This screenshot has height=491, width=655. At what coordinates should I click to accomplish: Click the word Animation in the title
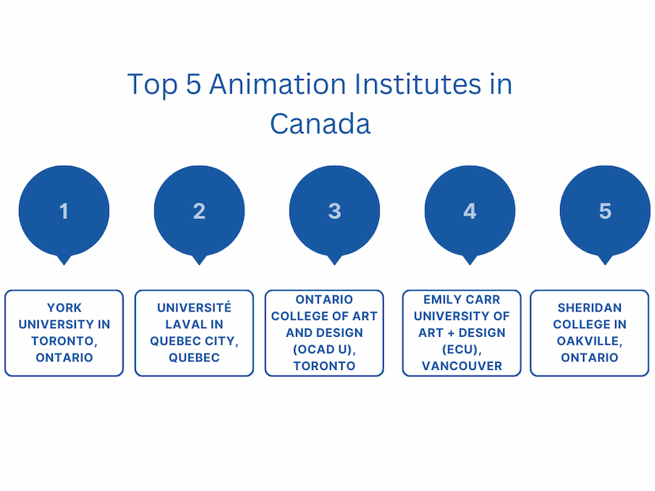[x=278, y=84]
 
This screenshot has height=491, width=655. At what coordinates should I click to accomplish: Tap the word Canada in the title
[x=320, y=123]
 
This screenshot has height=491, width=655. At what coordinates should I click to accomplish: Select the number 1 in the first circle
[x=64, y=211]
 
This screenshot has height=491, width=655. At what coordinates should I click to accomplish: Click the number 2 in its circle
[x=199, y=211]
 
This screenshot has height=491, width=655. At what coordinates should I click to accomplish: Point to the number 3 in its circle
[x=335, y=211]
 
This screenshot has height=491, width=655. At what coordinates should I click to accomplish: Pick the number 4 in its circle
[x=470, y=211]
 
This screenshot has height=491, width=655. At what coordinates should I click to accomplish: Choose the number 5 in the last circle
[x=605, y=211]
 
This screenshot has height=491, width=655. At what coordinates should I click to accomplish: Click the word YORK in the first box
[x=64, y=308]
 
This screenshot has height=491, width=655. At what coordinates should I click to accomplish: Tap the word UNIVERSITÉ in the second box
[x=195, y=308]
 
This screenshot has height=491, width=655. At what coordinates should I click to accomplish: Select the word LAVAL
[x=182, y=324]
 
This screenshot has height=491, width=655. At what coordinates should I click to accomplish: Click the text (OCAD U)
[x=324, y=349]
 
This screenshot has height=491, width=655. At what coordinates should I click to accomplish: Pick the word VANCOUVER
[x=462, y=366]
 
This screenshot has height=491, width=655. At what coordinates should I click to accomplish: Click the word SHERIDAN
[x=590, y=308]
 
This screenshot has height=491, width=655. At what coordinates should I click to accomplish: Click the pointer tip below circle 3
[x=335, y=265]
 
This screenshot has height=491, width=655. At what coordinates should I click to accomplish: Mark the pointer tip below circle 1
[x=64, y=265]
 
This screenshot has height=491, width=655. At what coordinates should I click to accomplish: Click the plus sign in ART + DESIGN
[x=451, y=333]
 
